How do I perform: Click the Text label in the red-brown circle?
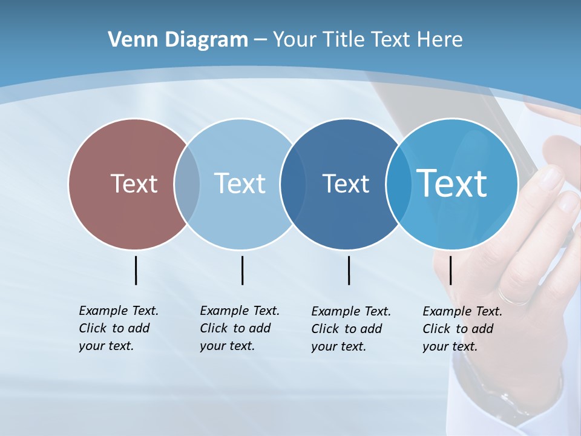click(x=134, y=183)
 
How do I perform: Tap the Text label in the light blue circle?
click(x=240, y=183)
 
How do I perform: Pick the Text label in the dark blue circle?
click(x=346, y=183)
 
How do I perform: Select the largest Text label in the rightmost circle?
click(x=451, y=183)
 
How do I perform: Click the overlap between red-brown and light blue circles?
click(x=187, y=184)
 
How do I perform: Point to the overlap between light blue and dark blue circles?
click(x=293, y=184)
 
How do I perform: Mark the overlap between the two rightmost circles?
click(x=398, y=184)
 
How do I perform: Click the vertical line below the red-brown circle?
click(x=136, y=270)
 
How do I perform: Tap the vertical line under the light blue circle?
click(x=242, y=270)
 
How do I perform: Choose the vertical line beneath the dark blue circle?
click(x=349, y=270)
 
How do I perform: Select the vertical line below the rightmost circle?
click(x=451, y=270)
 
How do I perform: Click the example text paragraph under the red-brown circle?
click(x=118, y=328)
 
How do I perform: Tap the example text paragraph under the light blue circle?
click(x=239, y=328)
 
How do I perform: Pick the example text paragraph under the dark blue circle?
click(x=350, y=329)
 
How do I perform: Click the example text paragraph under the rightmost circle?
click(x=462, y=329)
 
